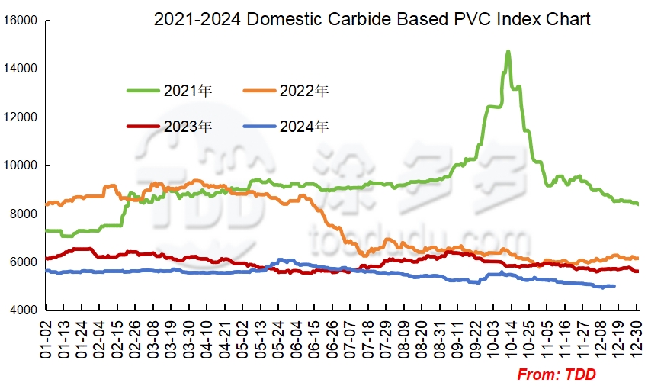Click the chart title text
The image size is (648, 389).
pyautogui.click(x=372, y=18)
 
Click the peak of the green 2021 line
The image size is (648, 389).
pyautogui.click(x=508, y=52)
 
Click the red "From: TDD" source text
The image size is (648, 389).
pyautogui.click(x=557, y=375)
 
